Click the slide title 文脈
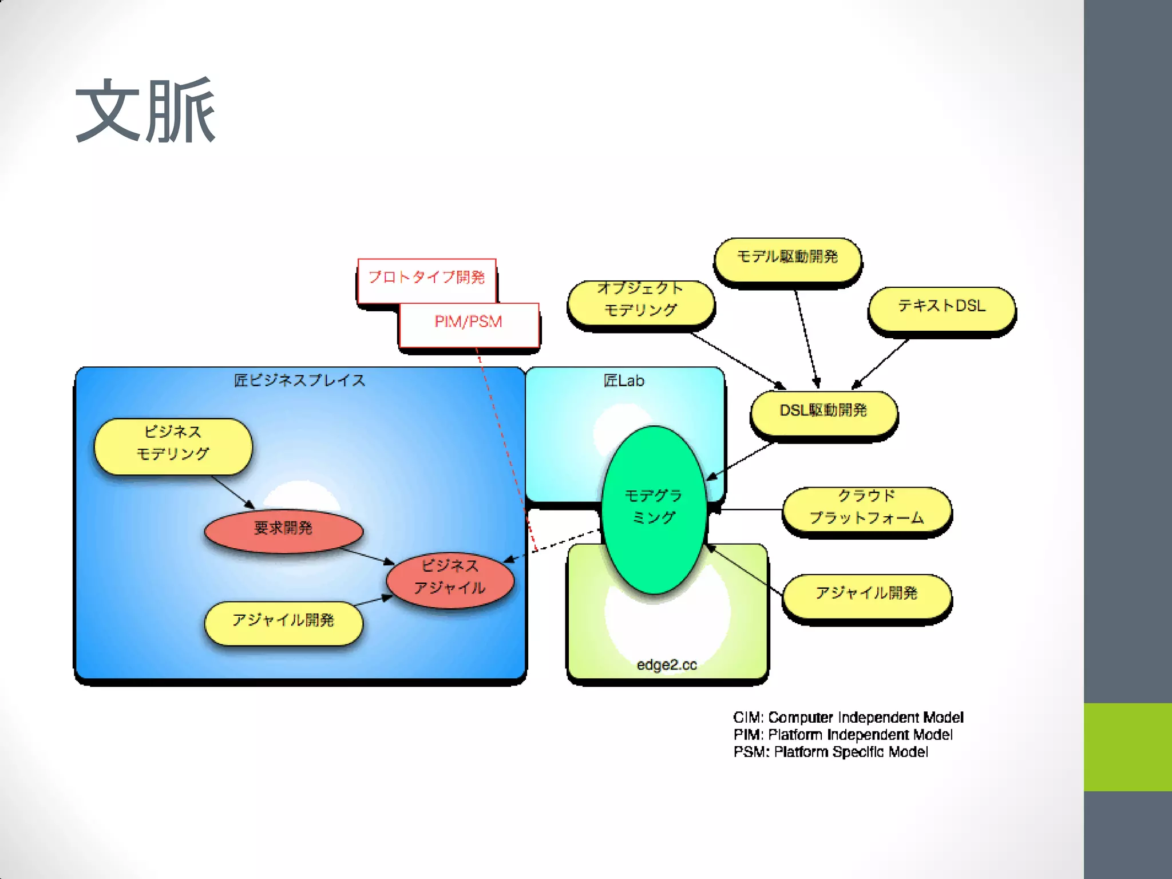(145, 110)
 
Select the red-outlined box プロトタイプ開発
(426, 278)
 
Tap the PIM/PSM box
(469, 323)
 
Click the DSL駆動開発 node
(823, 411)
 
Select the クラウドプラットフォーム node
(866, 508)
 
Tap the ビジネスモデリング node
(173, 445)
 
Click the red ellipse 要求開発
(283, 529)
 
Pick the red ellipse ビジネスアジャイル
(450, 578)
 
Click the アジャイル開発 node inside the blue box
(283, 621)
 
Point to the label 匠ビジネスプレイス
(299, 381)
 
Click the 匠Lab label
(624, 381)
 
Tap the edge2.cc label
(667, 665)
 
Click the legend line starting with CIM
(848, 718)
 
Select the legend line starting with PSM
(830, 752)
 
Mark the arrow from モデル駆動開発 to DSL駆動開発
(806, 338)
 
